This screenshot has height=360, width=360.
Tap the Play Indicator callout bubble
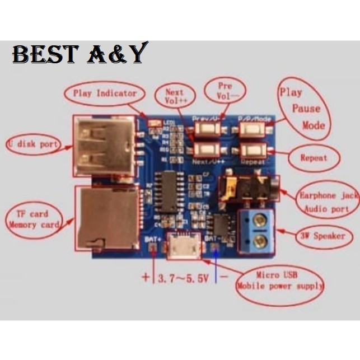[104, 93]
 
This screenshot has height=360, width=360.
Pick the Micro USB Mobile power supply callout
[280, 280]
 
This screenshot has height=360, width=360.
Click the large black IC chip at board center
[170, 188]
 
